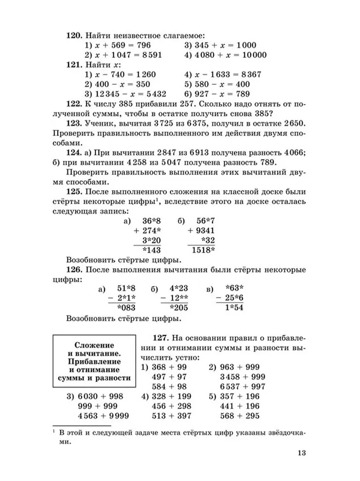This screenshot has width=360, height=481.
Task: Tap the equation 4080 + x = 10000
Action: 225,55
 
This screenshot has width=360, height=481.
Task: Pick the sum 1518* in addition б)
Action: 204,250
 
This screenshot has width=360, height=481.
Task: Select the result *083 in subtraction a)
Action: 123,308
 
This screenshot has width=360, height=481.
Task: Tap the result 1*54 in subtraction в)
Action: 231,308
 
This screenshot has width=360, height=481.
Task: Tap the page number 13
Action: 301,453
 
